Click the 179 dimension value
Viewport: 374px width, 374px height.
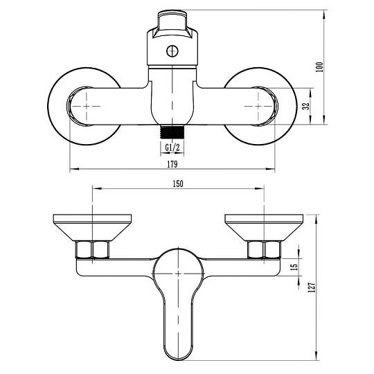172,164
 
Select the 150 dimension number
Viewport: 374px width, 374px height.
178,184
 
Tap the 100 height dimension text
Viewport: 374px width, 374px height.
319,67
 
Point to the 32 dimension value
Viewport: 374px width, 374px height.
306,106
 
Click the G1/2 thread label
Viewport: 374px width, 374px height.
172,148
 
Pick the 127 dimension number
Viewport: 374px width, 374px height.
312,287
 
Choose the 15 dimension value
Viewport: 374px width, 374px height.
295,267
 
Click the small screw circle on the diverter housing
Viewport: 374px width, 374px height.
172,51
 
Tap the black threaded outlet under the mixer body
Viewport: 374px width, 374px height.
172,132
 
